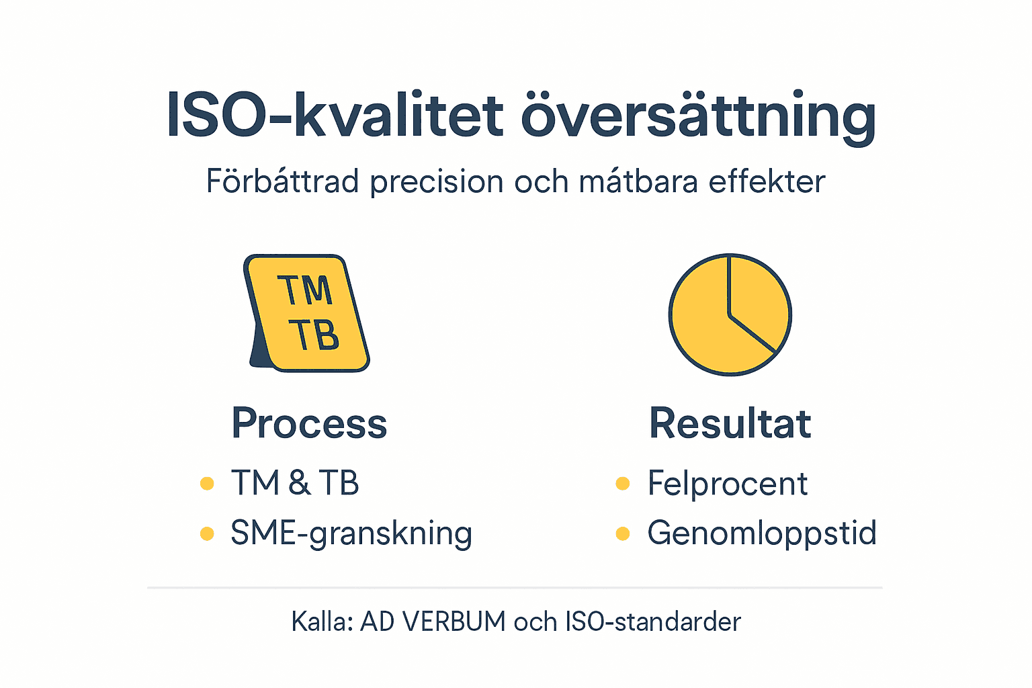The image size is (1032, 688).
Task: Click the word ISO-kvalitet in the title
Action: coord(335,116)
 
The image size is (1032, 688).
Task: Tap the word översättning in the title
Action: coord(699,116)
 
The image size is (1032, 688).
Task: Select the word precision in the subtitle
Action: coord(437,181)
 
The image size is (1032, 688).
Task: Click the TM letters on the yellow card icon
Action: coord(305,290)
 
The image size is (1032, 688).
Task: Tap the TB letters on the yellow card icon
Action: coord(314,335)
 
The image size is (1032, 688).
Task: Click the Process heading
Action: coord(309,423)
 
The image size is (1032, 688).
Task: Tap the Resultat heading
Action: coord(730,423)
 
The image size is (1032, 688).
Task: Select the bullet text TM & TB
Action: coord(295,483)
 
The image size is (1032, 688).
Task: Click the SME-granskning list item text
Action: coord(351,533)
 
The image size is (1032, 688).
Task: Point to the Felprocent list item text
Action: coord(728,484)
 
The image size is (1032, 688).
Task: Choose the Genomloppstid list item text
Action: coord(762,533)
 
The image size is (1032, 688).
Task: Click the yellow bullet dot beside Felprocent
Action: coord(623,484)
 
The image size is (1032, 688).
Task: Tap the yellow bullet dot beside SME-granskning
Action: coord(207,534)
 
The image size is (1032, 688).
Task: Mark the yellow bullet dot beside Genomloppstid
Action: coord(623,534)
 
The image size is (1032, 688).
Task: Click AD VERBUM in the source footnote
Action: coord(433,622)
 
